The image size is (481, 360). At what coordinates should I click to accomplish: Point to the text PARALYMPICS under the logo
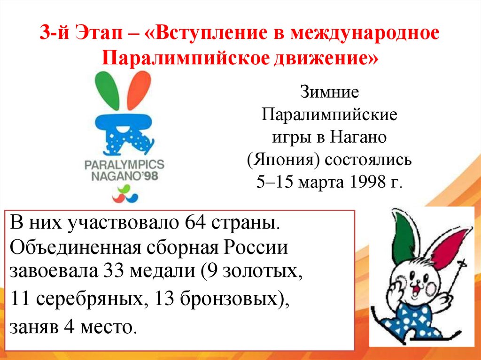[124, 165]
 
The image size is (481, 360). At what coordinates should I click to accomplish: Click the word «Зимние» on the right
[329, 92]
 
